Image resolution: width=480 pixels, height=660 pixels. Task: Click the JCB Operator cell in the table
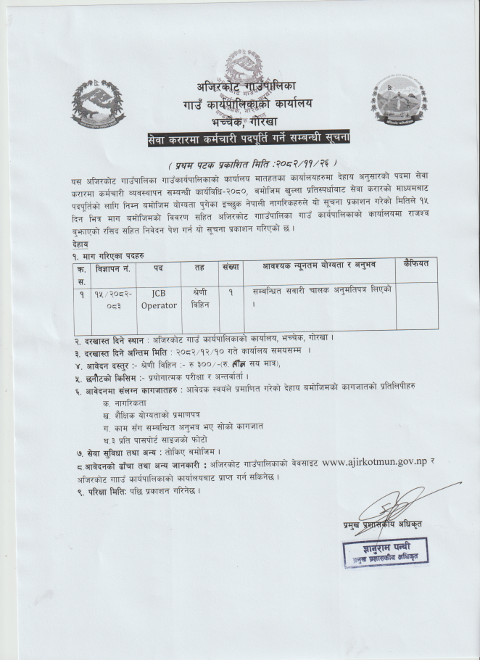click(x=158, y=300)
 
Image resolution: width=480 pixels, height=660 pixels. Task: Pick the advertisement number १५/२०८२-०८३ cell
click(x=109, y=300)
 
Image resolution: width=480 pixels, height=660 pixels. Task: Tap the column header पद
click(x=158, y=268)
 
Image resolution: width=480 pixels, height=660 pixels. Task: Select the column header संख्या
click(x=231, y=267)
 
